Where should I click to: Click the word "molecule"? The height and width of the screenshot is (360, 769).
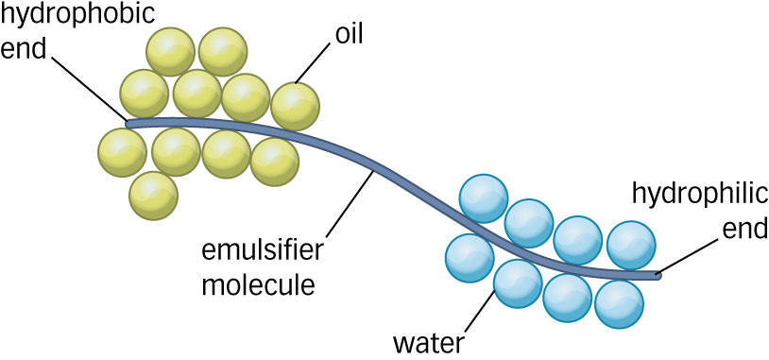point(258,285)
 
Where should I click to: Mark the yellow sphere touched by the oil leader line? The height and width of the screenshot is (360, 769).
point(296,107)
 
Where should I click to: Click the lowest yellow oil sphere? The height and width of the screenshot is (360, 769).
point(153,196)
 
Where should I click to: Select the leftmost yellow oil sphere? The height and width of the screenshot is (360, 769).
point(122,152)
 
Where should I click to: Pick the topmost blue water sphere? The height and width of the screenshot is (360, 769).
point(483,198)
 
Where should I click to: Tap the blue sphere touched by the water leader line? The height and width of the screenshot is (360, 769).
point(518,283)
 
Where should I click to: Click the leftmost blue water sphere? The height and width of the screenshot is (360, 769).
point(470,258)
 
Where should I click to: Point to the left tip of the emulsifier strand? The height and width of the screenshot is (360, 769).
point(128,123)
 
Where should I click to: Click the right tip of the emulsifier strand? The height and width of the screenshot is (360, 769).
point(658,276)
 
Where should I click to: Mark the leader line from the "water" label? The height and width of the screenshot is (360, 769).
point(479,312)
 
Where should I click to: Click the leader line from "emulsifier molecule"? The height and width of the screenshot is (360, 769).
point(349,204)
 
